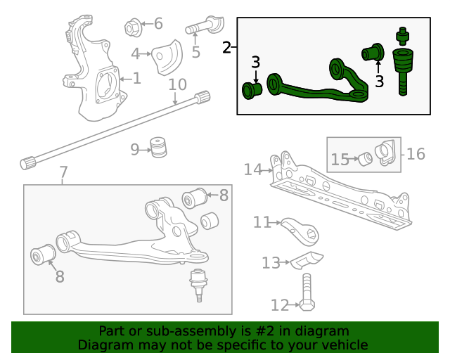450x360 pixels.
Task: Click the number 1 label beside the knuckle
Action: click(x=136, y=79)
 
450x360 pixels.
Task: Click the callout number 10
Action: click(x=177, y=85)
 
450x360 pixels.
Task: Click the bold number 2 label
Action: click(x=226, y=48)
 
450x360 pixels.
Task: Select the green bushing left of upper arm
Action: click(x=252, y=90)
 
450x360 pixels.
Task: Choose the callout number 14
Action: click(x=252, y=169)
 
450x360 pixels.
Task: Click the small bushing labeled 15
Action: click(x=366, y=159)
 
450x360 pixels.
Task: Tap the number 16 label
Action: click(x=416, y=153)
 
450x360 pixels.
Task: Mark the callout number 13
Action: click(x=271, y=263)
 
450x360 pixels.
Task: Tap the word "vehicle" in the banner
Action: click(x=345, y=345)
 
